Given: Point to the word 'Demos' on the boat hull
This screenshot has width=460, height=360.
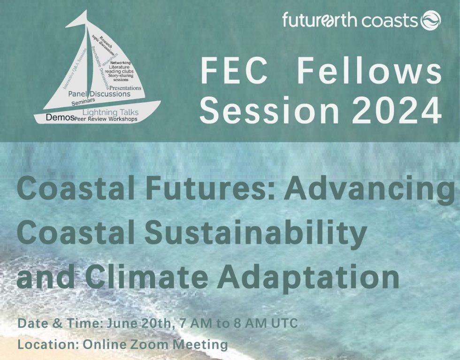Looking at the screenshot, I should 60,118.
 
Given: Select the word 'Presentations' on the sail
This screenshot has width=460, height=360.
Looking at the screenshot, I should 125,88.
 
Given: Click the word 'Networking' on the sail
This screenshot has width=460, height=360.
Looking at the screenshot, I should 121,62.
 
